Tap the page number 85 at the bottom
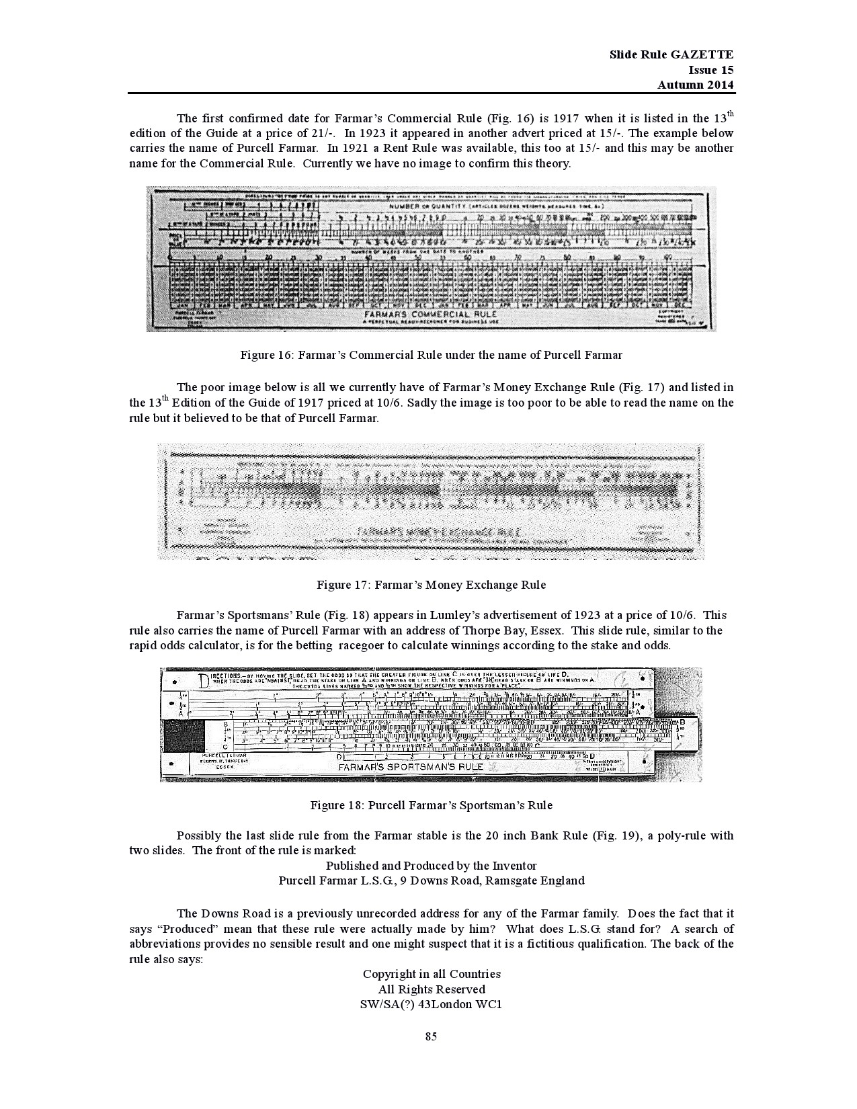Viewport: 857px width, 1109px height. [431, 1036]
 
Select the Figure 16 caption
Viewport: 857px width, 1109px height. [431, 355]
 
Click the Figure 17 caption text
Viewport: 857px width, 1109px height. [431, 585]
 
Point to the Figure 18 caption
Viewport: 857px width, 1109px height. [431, 805]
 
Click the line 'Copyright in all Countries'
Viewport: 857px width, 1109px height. [432, 974]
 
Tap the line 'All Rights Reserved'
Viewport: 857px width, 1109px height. [432, 989]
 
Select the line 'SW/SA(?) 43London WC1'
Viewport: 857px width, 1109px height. [432, 1005]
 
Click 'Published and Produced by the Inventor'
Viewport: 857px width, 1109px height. [432, 865]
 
